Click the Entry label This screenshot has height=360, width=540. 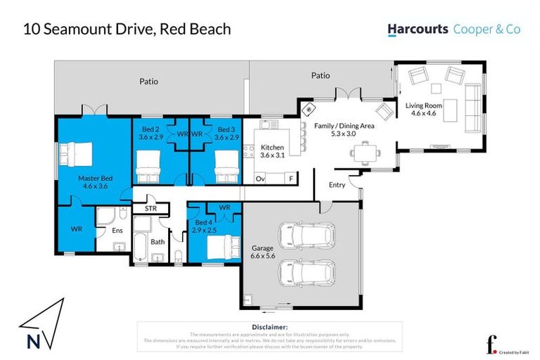(337, 185)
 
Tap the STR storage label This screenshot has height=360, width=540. (150, 208)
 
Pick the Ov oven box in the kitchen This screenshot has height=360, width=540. (259, 179)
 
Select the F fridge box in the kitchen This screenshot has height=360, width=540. (291, 179)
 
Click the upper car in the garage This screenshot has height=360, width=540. (305, 235)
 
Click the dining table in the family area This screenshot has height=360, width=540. (364, 150)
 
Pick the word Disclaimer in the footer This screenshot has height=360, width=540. (270, 327)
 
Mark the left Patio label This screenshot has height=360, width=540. (148, 82)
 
